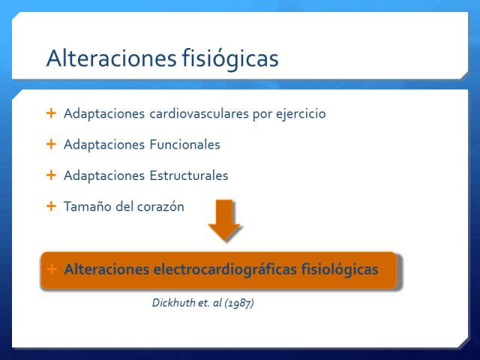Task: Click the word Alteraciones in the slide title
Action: pyautogui.click(x=112, y=58)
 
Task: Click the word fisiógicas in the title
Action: pyautogui.click(x=230, y=58)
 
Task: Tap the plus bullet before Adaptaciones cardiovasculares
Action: pyautogui.click(x=51, y=113)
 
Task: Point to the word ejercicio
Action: pyautogui.click(x=301, y=114)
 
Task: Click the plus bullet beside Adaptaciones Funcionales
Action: pyautogui.click(x=51, y=144)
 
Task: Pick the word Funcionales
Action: pyautogui.click(x=185, y=145)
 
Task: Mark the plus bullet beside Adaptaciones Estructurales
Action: pyautogui.click(x=51, y=175)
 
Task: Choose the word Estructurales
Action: pyautogui.click(x=189, y=175)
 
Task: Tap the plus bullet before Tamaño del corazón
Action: pyautogui.click(x=51, y=206)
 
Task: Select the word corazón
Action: pyautogui.click(x=160, y=207)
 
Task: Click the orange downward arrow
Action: pyautogui.click(x=224, y=220)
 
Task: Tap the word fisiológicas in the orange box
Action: pyautogui.click(x=340, y=270)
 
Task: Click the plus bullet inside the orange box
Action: pyautogui.click(x=52, y=269)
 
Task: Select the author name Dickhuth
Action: pyautogui.click(x=173, y=303)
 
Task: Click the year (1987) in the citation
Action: pyautogui.click(x=239, y=303)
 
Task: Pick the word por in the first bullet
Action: pyautogui.click(x=262, y=115)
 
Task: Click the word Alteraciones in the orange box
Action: pyautogui.click(x=106, y=269)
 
